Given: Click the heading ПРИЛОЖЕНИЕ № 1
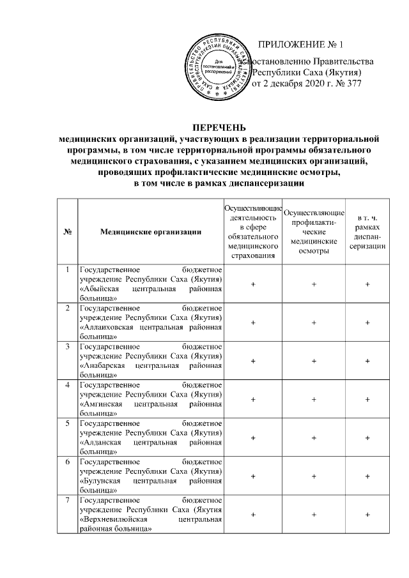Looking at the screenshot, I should [300, 45].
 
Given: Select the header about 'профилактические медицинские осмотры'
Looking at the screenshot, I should [313, 232].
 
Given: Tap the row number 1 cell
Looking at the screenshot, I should [67, 271].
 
